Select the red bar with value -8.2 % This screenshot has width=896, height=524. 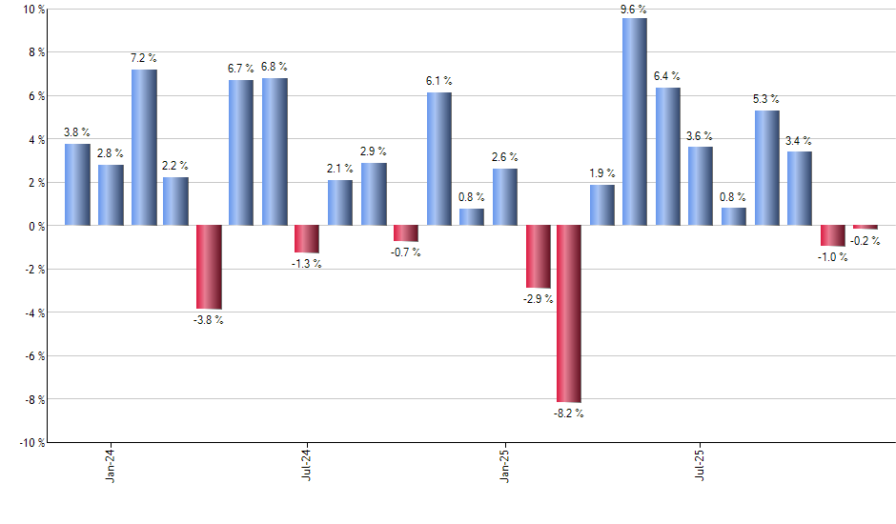[569, 313]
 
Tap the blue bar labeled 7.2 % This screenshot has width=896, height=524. [144, 148]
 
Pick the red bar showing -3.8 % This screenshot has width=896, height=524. [209, 267]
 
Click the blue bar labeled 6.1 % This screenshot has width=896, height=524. [438, 159]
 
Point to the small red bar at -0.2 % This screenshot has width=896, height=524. [865, 228]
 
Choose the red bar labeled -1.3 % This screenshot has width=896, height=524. [307, 239]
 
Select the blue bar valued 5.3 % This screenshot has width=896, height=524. [766, 168]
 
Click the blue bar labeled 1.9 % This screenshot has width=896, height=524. [602, 205]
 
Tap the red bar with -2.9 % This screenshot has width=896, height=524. [538, 256]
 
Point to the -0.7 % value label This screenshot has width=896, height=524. [405, 252]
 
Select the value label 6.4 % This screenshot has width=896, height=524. [667, 76]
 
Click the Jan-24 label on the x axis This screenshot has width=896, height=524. [111, 463]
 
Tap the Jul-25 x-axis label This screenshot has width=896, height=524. [701, 463]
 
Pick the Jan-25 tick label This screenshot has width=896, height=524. [504, 463]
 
